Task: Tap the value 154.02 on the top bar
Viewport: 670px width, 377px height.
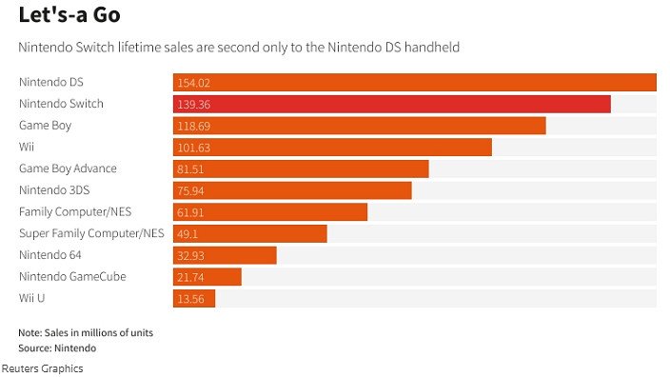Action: (x=193, y=83)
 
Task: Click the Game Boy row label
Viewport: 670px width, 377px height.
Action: (x=46, y=125)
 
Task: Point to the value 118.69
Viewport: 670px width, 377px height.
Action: (x=193, y=126)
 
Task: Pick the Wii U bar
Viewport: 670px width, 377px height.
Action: (x=194, y=298)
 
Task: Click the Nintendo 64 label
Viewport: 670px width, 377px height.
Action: (x=50, y=254)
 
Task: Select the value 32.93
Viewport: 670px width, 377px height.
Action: (x=191, y=255)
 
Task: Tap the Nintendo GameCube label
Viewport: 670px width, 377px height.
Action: (x=72, y=276)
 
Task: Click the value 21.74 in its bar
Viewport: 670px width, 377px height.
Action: (x=191, y=277)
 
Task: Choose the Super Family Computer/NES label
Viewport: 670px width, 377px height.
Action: (x=91, y=233)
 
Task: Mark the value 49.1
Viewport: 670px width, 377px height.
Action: (x=187, y=233)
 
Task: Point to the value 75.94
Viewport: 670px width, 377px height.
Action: (x=191, y=190)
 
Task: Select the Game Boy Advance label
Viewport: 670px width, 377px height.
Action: (x=68, y=169)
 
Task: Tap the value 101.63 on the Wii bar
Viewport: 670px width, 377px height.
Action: (x=193, y=148)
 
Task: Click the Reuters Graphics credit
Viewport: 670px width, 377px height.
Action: (x=42, y=368)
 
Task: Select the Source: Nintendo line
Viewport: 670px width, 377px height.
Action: (x=57, y=348)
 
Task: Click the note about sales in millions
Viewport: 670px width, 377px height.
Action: (x=86, y=333)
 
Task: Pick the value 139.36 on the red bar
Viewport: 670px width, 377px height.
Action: (x=193, y=104)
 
